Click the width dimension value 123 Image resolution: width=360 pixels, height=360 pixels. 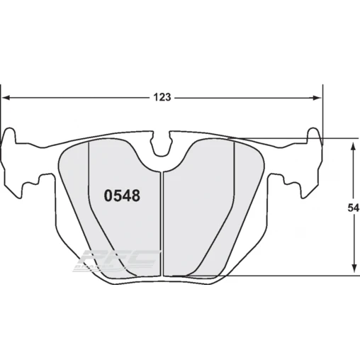coord(162,98)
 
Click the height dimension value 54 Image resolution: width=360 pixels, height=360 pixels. coord(352,208)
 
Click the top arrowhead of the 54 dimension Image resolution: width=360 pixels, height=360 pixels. coord(352,145)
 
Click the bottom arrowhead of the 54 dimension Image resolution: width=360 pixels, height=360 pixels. coord(352,270)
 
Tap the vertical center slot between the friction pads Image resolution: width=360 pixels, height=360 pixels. coord(162,220)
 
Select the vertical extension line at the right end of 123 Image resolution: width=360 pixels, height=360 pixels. coord(322,113)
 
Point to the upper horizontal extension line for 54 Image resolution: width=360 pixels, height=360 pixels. coord(298,139)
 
